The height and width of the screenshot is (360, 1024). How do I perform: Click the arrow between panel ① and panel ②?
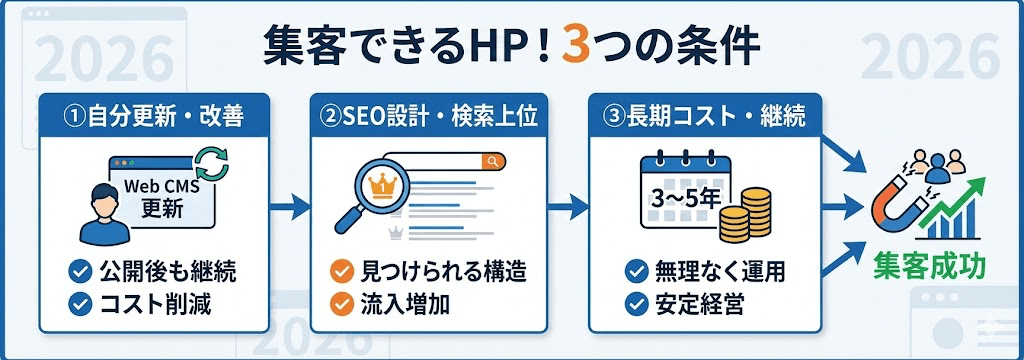[x=290, y=209]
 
